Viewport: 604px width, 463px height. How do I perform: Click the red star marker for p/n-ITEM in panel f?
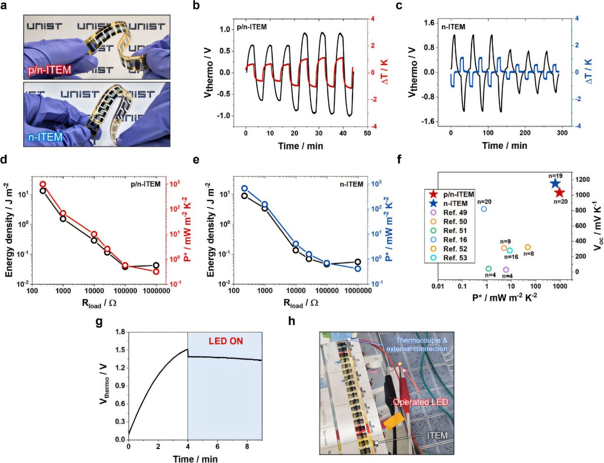(559, 193)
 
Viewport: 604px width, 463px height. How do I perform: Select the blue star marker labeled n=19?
(555, 184)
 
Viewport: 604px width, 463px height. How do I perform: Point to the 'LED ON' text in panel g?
(226, 341)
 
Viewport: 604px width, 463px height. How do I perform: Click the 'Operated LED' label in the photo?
(420, 402)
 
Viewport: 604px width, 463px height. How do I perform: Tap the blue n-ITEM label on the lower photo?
(44, 137)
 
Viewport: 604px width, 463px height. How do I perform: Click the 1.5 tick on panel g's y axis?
(120, 350)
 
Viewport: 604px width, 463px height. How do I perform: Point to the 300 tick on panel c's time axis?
(562, 133)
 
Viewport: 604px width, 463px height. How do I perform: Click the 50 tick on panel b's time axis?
(367, 133)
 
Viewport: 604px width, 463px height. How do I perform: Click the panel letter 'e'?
(196, 160)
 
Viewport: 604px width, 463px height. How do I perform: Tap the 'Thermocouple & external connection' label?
(417, 344)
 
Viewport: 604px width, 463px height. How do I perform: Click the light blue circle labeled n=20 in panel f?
(484, 209)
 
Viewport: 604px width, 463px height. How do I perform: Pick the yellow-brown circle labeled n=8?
(528, 247)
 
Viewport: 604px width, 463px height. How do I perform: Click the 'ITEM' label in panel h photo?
(437, 435)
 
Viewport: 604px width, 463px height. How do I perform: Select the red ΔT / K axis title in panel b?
(385, 72)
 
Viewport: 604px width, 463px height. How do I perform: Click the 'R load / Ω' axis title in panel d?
(99, 303)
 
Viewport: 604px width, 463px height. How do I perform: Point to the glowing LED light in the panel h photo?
(400, 363)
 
